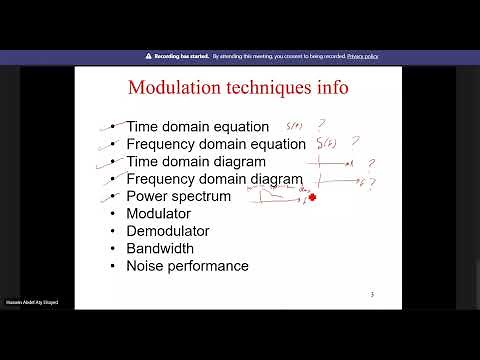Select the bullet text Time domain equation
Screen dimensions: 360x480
tap(197, 127)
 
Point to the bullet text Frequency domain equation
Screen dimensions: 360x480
tap(215, 144)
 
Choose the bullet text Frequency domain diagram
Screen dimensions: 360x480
tap(213, 179)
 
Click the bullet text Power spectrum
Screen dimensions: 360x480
tap(178, 196)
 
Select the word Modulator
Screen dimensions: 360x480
tap(158, 214)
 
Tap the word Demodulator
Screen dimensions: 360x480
tap(167, 231)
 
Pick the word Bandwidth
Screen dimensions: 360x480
tap(160, 248)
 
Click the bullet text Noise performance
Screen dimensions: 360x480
tap(187, 266)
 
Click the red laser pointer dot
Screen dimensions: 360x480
tap(313, 198)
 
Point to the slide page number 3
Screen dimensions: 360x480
tap(372, 295)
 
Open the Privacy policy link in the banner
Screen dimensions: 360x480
tap(362, 56)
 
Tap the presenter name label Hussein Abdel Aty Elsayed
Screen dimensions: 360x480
tap(31, 301)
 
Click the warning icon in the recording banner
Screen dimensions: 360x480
tap(148, 56)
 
